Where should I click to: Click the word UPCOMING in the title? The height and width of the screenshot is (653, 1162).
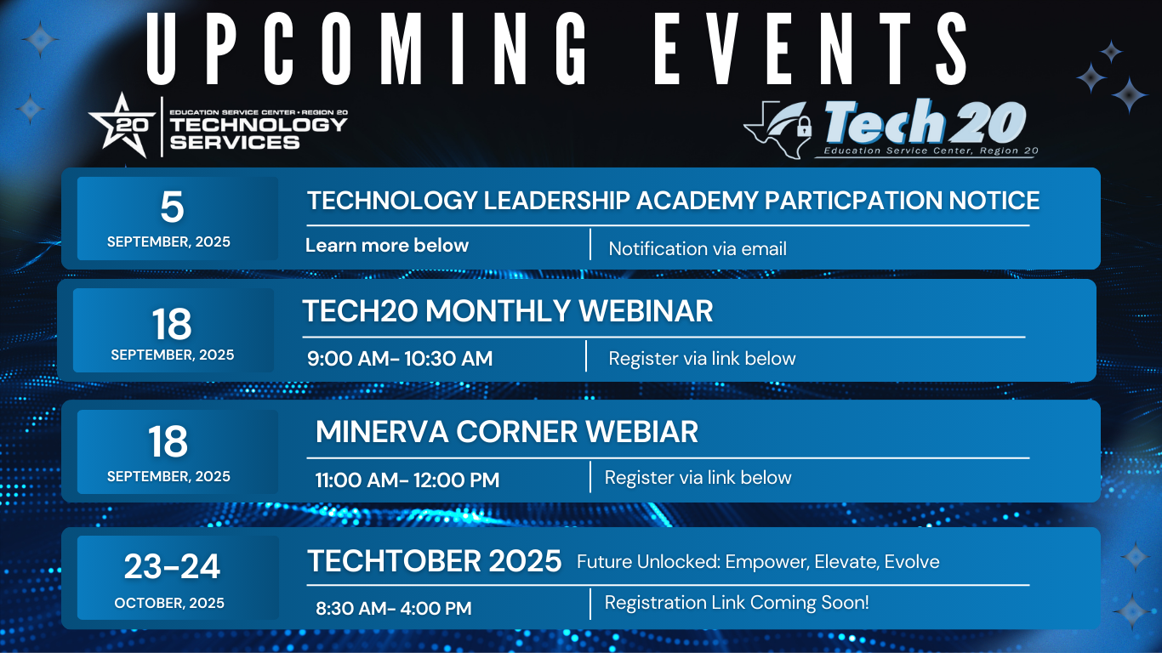[367, 48]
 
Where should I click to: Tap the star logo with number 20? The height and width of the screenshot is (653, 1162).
[122, 125]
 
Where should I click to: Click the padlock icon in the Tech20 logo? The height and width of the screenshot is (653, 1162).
[804, 127]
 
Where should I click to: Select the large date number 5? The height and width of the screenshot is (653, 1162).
[172, 207]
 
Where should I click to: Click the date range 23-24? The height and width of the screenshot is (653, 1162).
[172, 566]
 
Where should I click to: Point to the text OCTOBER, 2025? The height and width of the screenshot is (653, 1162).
[169, 603]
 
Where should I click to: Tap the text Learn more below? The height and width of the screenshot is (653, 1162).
[387, 246]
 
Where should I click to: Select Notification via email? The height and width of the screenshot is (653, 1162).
[698, 249]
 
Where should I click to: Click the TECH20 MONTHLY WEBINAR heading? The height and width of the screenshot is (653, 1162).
[507, 310]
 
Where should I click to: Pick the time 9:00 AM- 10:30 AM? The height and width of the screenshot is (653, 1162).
[400, 359]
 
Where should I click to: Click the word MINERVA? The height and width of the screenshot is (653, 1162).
[382, 432]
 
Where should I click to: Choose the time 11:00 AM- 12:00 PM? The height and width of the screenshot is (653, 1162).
[407, 480]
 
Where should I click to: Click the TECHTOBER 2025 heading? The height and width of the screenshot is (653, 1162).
[434, 560]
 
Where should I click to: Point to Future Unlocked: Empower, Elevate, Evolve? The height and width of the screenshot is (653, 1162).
[758, 562]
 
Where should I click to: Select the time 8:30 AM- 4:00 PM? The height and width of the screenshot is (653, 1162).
[394, 608]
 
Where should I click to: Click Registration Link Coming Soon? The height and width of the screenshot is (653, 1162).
[737, 603]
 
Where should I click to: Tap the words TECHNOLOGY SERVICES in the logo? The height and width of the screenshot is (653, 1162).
[259, 133]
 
